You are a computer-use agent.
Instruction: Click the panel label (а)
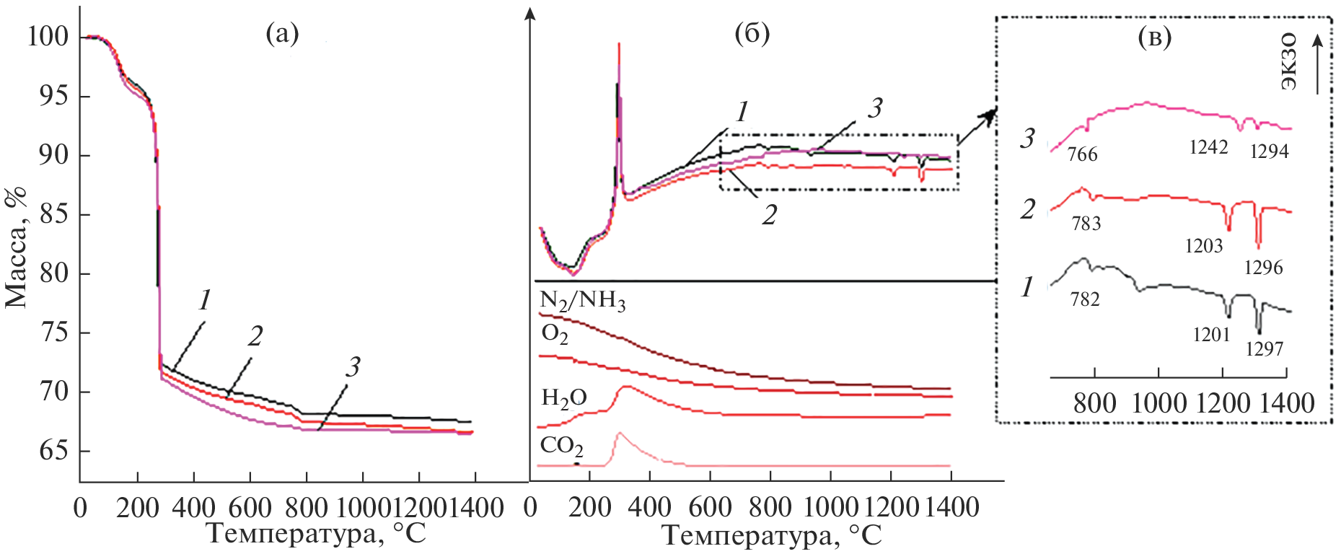click(x=282, y=33)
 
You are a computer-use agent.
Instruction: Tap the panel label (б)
click(x=752, y=33)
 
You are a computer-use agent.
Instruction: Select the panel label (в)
click(x=1154, y=38)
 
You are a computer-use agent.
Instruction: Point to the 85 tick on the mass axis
click(x=54, y=214)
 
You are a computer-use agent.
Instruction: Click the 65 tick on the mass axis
click(x=54, y=451)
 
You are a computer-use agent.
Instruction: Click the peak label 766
click(x=1082, y=154)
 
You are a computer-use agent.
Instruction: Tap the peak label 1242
click(x=1208, y=147)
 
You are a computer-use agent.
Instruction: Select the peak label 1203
click(x=1204, y=246)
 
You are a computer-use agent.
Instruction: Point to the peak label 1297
click(x=1264, y=349)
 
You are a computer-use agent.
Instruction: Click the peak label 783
click(x=1086, y=224)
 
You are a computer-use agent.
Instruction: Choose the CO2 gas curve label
click(x=561, y=447)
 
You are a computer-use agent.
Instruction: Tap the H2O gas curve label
click(x=563, y=398)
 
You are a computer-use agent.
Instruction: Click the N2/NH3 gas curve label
click(x=582, y=300)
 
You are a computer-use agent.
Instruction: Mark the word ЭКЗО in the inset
click(x=1288, y=62)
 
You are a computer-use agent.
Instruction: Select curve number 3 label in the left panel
click(x=352, y=367)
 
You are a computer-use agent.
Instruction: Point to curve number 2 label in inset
click(x=1028, y=209)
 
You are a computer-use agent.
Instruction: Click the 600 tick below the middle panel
click(x=710, y=508)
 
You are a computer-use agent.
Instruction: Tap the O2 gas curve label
click(x=555, y=334)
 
